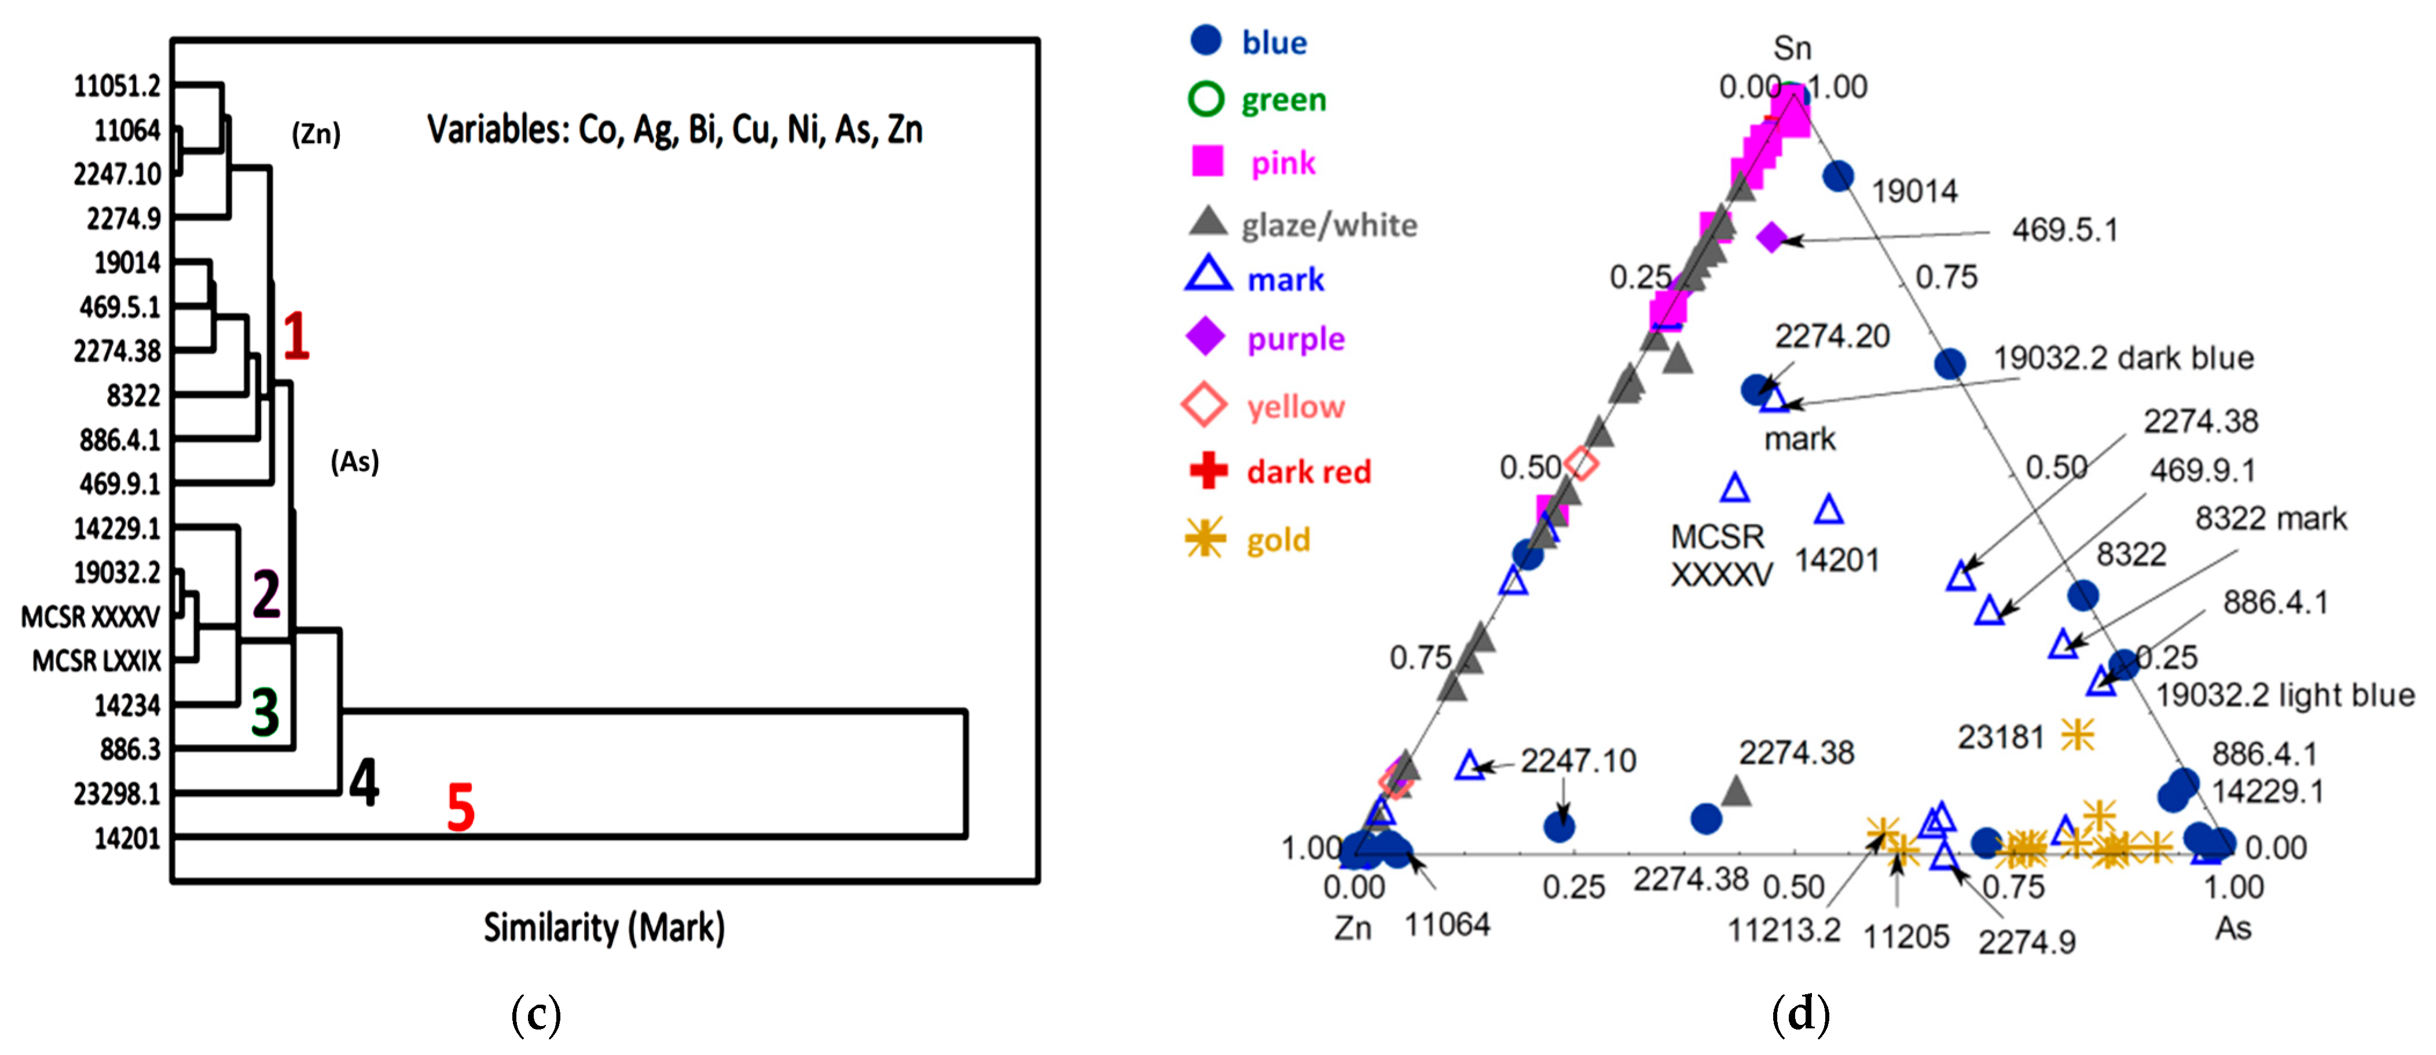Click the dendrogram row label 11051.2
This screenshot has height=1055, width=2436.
point(118,86)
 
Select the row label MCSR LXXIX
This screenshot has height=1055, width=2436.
point(97,661)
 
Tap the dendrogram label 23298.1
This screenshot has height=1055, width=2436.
point(118,793)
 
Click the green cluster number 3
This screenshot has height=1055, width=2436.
point(265,712)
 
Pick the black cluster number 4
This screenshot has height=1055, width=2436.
point(364,782)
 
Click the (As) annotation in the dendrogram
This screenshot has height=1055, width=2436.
point(355,461)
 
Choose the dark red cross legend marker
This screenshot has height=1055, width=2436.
point(1208,470)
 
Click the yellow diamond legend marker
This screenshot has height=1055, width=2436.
point(1205,406)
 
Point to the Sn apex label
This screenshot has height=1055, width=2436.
point(1792,47)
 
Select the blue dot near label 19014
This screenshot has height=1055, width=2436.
point(1837,175)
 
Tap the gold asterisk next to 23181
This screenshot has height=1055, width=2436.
point(2078,734)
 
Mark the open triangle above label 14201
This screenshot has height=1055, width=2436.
point(1829,511)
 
